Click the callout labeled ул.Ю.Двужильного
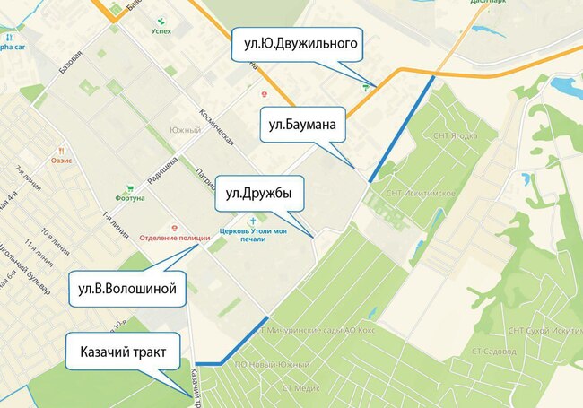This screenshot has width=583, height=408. coord(296,43)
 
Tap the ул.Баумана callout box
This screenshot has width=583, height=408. coord(303,126)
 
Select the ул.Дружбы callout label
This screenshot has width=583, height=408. coord(258,192)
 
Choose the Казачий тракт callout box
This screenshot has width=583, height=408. coord(123,352)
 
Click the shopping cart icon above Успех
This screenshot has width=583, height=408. coord(161,18)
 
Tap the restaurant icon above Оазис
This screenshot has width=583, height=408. coord(62,150)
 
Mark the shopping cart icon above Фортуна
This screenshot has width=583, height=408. coord(130,188)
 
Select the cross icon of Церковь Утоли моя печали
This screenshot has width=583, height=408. coord(253,220)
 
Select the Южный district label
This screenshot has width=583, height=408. coord(185,131)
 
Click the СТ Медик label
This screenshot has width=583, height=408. coord(300,387)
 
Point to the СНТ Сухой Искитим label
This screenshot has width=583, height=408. coord(543,331)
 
